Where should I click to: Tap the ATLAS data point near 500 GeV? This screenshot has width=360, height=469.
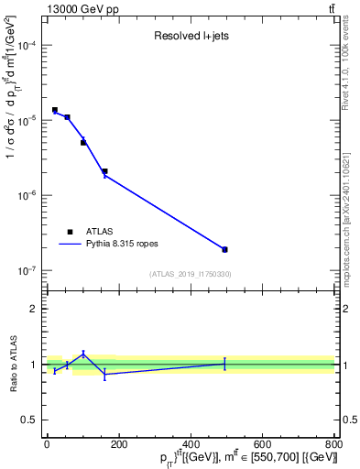pos(224,249)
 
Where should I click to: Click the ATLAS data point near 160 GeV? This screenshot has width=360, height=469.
pos(104,171)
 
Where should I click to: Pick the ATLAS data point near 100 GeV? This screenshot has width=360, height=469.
pos(83,143)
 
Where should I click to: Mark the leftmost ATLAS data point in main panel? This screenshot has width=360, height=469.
pos(55,110)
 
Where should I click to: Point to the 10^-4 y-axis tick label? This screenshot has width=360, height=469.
pos(27,46)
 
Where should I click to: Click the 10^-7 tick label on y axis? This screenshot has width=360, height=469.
pos(27,271)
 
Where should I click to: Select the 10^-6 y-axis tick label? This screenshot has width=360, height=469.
pos(27,196)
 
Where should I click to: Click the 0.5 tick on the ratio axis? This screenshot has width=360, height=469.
pos(32,420)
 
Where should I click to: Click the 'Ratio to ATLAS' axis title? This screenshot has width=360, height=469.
pos(12,365)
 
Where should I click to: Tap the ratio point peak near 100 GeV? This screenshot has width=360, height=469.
pos(83,354)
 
